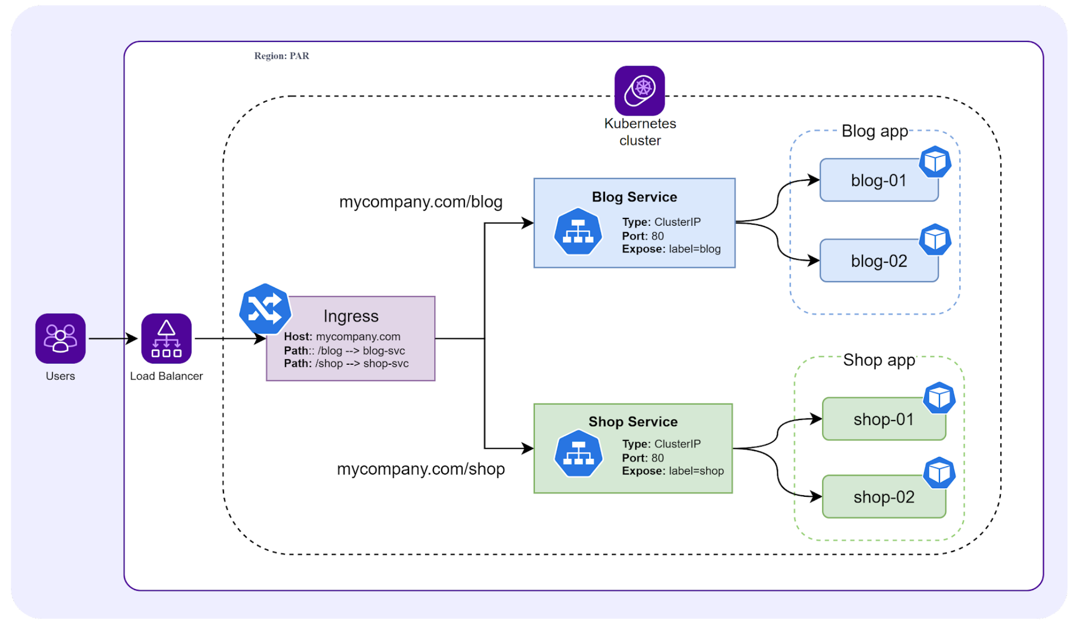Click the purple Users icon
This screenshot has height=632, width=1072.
(60, 338)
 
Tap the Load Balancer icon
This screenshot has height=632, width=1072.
(166, 338)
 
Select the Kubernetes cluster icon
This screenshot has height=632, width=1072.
(639, 90)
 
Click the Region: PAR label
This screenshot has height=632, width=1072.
(281, 56)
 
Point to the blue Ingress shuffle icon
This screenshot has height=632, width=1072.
(265, 309)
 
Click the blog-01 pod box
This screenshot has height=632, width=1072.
(878, 180)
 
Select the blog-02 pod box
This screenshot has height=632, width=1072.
(878, 261)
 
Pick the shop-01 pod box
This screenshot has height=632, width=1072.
(883, 419)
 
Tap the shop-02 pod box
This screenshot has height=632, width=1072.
(883, 497)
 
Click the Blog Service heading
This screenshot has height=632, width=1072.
(634, 197)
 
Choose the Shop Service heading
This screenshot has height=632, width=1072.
(633, 422)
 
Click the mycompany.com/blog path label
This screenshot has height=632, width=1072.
(420, 201)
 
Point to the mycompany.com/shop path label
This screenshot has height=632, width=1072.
(420, 469)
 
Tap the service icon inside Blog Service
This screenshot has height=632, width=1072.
(577, 232)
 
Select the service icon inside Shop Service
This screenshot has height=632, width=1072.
(578, 454)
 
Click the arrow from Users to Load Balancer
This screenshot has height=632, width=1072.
(113, 338)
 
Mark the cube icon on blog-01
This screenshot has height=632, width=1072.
(935, 162)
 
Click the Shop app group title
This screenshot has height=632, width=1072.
(879, 360)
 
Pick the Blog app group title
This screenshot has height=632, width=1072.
(875, 131)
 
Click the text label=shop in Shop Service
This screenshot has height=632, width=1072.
(696, 471)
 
